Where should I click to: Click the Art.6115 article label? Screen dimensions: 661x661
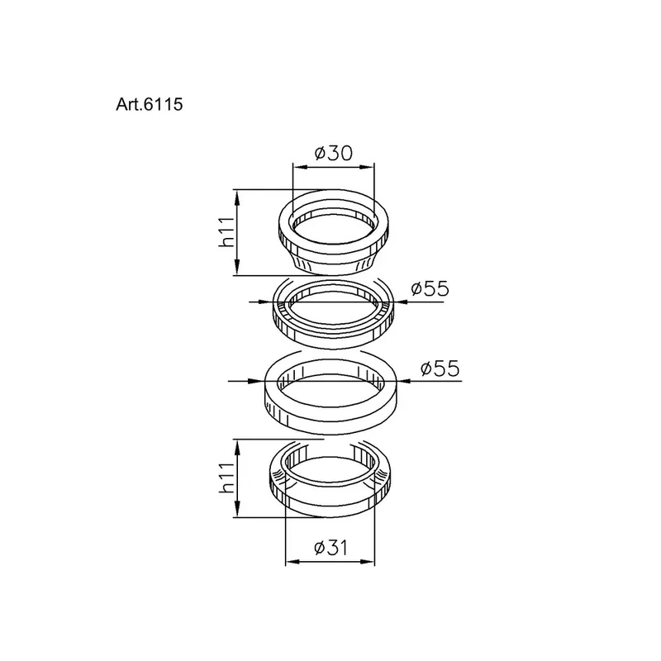click(x=150, y=104)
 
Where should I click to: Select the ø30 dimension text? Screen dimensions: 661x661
click(x=334, y=153)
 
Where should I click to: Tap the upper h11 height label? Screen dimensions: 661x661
click(x=226, y=232)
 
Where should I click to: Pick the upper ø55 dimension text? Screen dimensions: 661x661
click(x=430, y=288)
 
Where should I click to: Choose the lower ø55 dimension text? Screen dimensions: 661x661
click(x=440, y=369)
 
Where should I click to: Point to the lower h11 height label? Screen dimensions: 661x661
click(x=226, y=478)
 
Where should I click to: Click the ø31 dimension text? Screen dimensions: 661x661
click(x=331, y=548)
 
